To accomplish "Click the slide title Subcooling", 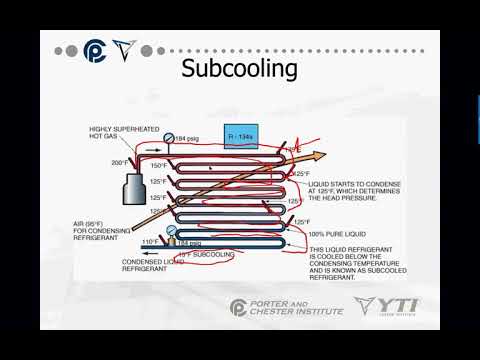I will [x=239, y=69].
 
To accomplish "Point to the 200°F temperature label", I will [x=119, y=162].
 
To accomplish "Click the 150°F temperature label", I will [x=159, y=165].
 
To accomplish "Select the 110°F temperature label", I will [x=150, y=242].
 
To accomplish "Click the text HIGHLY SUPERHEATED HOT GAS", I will [x=115, y=133].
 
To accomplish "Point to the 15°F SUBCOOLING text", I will [x=209, y=255].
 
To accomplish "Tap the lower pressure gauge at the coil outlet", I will [x=171, y=233].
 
